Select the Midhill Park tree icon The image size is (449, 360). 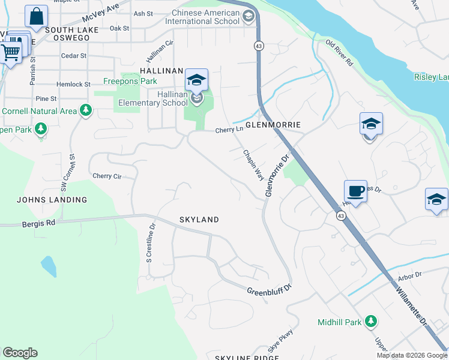[372, 322]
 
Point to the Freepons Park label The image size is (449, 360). [130, 81]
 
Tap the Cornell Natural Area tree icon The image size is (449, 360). [86, 110]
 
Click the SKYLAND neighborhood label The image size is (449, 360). [199, 220]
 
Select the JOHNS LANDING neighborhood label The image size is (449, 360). [52, 200]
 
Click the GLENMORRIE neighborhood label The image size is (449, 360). [272, 125]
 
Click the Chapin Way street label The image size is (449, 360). [253, 165]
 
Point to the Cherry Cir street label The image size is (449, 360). [107, 176]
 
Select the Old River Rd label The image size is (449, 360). [339, 53]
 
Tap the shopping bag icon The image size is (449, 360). [36, 16]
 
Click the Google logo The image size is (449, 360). [20, 353]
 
